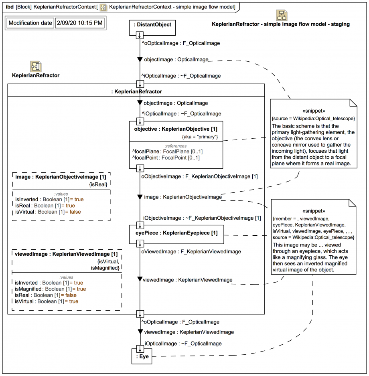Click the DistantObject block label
tap(152, 24)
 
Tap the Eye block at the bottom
tap(142, 356)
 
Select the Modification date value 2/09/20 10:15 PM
tap(80, 23)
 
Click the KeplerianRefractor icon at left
tap(36, 67)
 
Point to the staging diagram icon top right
tap(282, 15)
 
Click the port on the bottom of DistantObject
tap(140, 35)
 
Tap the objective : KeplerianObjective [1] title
tap(176, 129)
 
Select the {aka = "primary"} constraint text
tap(200, 137)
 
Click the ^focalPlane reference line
tap(168, 152)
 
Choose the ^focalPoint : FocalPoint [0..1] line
tap(166, 158)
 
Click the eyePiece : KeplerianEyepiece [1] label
tap(176, 233)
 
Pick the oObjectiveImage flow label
tap(199, 176)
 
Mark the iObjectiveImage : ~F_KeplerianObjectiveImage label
tap(202, 218)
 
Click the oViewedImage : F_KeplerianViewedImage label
tap(191, 252)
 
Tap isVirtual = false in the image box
tap(48, 212)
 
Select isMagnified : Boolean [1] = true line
tap(51, 289)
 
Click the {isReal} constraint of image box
tap(98, 184)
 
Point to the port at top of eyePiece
tap(140, 225)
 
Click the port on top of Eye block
tap(140, 349)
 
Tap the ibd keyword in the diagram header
tap(10, 7)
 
